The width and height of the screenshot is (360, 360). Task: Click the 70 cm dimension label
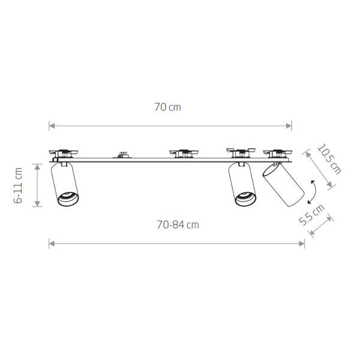tap(167, 107)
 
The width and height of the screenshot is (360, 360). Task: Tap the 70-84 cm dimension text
tap(177, 225)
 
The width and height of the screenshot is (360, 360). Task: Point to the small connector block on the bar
tap(124, 155)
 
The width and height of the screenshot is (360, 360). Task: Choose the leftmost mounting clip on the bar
tap(61, 152)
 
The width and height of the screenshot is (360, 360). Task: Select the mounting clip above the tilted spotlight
tap(277, 152)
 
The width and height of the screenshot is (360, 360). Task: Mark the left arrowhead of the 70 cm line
tap(52, 126)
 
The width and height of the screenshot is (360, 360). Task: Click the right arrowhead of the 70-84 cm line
tap(302, 244)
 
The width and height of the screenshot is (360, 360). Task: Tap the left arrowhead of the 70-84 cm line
tap(52, 244)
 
